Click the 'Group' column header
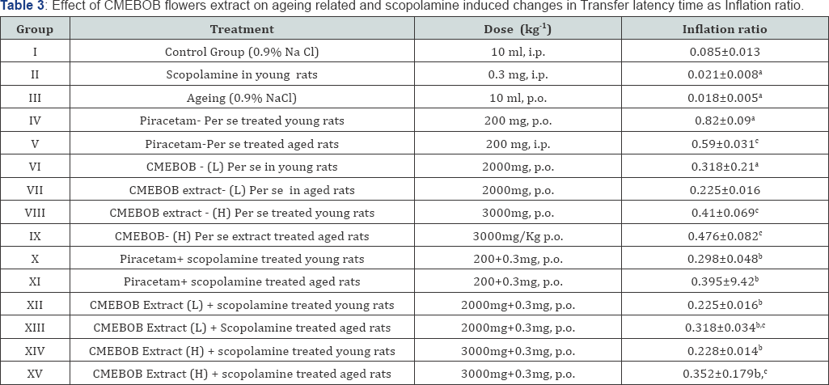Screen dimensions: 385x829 point(35,30)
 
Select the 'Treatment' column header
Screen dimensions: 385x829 point(242,30)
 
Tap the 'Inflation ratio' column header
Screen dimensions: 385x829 point(725,30)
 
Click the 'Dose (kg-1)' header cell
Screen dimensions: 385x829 point(515,30)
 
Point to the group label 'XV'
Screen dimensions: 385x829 point(35,373)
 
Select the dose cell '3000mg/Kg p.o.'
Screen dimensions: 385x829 point(515,237)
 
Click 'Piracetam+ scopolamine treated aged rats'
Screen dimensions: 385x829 point(242,282)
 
